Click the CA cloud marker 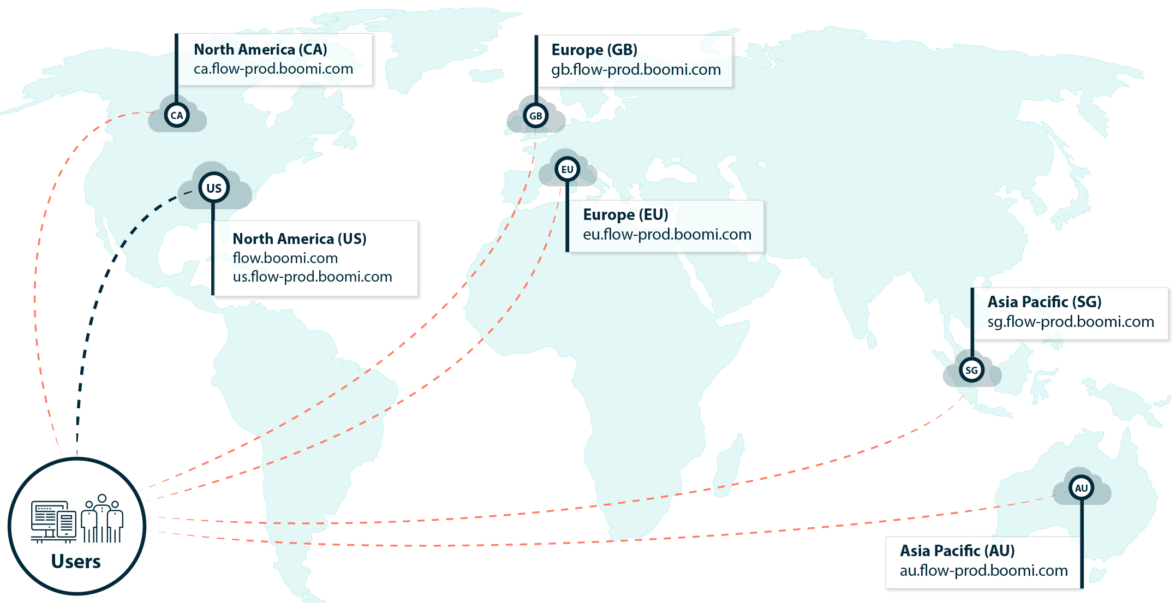click(x=176, y=115)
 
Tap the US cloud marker click(x=213, y=188)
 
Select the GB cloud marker click(x=535, y=116)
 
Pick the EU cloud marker click(x=567, y=169)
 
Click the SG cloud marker click(x=971, y=371)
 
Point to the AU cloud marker click(x=1081, y=488)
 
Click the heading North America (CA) click(x=260, y=50)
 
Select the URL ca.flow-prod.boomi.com click(x=273, y=69)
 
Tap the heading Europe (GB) click(x=594, y=50)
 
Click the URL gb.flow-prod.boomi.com click(x=636, y=70)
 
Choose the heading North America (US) click(x=299, y=239)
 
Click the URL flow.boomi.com click(x=285, y=258)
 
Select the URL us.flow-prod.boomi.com click(x=312, y=277)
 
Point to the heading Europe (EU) click(x=625, y=214)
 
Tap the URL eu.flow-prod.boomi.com click(x=667, y=235)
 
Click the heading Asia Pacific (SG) click(x=1044, y=302)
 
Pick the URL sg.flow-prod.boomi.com click(x=1070, y=322)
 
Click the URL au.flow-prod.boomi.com click(x=983, y=571)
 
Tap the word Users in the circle click(x=76, y=562)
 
